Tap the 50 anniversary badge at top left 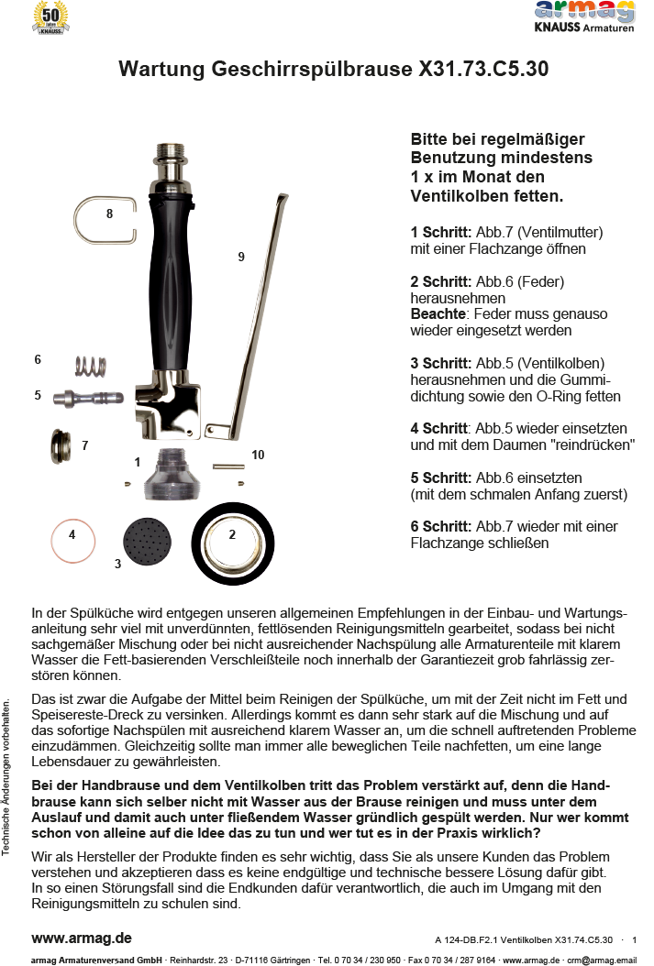coord(50,18)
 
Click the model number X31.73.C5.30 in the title coord(483,70)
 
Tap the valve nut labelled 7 coord(61,446)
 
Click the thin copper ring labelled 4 coord(72,542)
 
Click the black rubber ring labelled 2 coord(232,544)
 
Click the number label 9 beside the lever coord(241,258)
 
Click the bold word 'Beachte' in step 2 coord(438,314)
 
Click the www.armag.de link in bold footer coord(82,939)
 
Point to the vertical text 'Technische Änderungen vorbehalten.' coord(7,778)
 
